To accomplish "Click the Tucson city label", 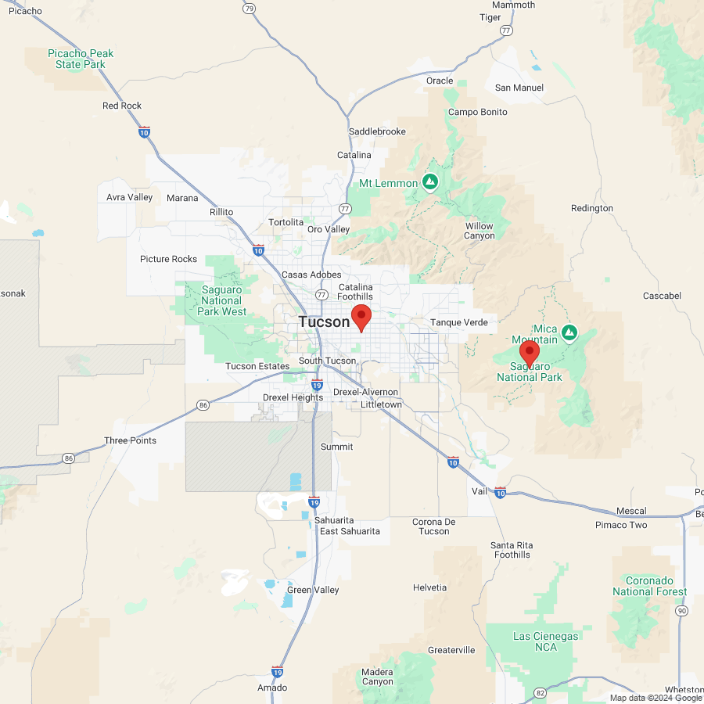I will pos(324,321).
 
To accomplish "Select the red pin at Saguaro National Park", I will pos(530,354).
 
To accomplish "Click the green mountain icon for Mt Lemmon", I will pos(429,182).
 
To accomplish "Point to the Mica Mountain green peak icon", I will pos(569,333).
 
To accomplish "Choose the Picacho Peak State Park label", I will pos(81,59).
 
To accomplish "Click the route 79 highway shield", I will pos(249,9).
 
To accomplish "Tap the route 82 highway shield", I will pos(540,692).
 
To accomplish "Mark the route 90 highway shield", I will pos(682,610).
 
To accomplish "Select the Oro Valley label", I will pos(329,229).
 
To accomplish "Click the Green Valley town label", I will pos(313,590).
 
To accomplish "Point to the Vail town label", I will pos(480,490).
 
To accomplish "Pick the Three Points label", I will pos(130,440).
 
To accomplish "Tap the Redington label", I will pos(592,208).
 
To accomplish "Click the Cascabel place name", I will pos(662,296).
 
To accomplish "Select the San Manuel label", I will pos(519,88).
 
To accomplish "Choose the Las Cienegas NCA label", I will pos(546,642).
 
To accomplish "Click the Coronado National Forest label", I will pos(649,586).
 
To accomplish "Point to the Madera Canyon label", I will pos(378,677).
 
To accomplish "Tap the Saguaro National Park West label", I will pos(223,300).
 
